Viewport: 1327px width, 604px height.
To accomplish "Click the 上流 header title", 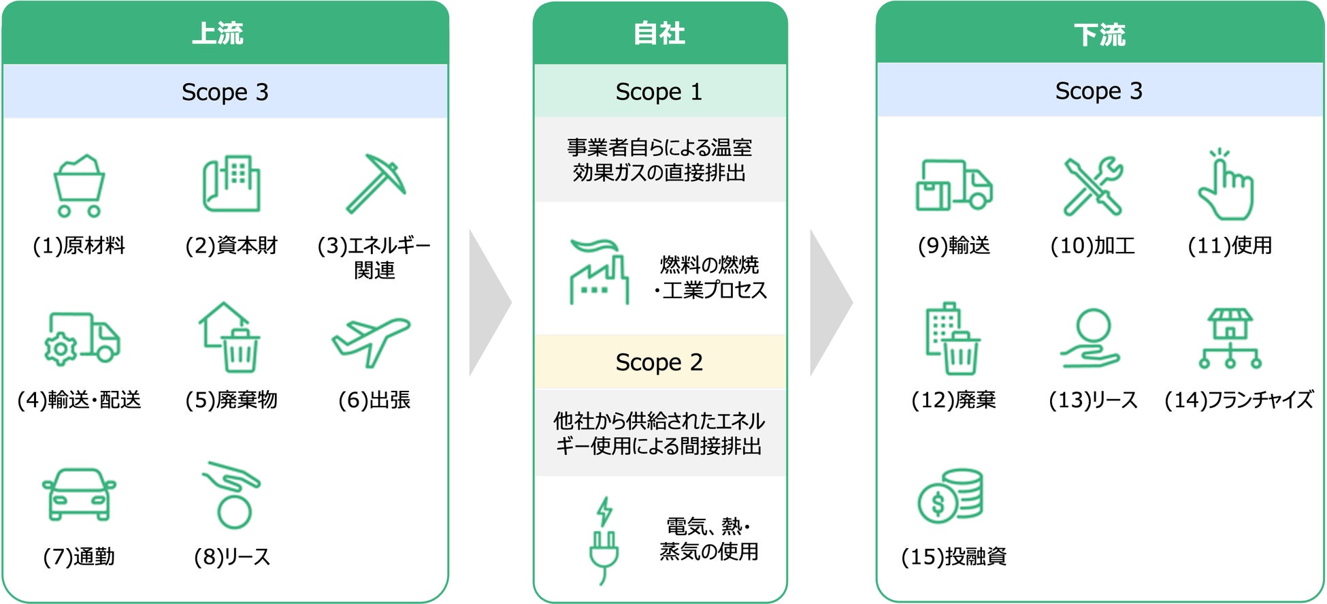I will pyautogui.click(x=218, y=33).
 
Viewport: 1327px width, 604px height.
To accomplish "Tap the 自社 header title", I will pyautogui.click(x=659, y=33).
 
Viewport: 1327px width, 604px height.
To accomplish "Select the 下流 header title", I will pyautogui.click(x=1100, y=35).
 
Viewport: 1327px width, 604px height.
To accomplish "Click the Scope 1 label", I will pyautogui.click(x=659, y=92).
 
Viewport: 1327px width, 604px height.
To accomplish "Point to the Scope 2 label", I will pyautogui.click(x=659, y=362).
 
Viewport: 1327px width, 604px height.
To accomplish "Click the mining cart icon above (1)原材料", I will pyautogui.click(x=79, y=186).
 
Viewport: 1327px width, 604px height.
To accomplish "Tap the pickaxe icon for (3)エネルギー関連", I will pyautogui.click(x=375, y=183).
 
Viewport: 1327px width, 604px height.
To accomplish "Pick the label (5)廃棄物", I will pyautogui.click(x=231, y=400).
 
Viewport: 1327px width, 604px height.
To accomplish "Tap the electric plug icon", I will pyautogui.click(x=604, y=541).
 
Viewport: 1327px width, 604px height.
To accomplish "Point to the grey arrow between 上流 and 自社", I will pyautogui.click(x=490, y=303).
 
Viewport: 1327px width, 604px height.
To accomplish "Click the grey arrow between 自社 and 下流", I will pyautogui.click(x=831, y=303).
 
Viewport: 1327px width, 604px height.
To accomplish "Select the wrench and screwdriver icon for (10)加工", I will pyautogui.click(x=1093, y=186).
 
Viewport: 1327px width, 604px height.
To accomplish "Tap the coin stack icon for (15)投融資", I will pyautogui.click(x=951, y=496).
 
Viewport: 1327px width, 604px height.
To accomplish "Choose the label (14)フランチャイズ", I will pyautogui.click(x=1239, y=400).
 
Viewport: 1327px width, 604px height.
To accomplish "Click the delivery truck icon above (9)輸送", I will pyautogui.click(x=953, y=185).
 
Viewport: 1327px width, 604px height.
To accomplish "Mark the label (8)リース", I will pyautogui.click(x=232, y=557).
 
